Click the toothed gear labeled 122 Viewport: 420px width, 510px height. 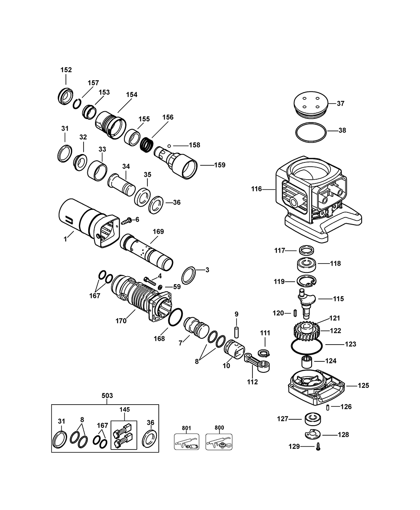(307, 330)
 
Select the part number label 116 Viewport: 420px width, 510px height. (257, 189)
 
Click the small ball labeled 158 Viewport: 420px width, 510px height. (169, 146)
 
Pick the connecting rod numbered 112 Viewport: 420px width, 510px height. (257, 364)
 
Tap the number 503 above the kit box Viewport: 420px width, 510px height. (107, 395)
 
